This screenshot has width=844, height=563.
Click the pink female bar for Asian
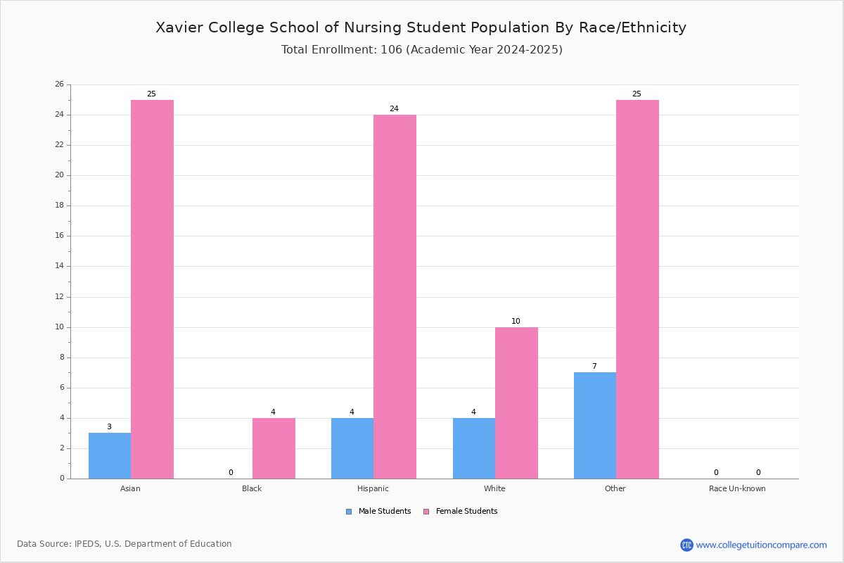pyautogui.click(x=152, y=289)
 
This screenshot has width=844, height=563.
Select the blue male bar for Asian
pyautogui.click(x=110, y=456)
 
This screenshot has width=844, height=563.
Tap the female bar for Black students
pyautogui.click(x=274, y=448)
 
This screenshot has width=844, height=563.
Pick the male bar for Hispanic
pyautogui.click(x=352, y=448)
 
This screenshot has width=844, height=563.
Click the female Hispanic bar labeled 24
pyautogui.click(x=395, y=297)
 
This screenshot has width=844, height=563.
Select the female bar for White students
pyautogui.click(x=516, y=403)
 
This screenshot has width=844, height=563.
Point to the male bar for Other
pyautogui.click(x=595, y=426)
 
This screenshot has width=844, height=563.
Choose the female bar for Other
pyautogui.click(x=637, y=289)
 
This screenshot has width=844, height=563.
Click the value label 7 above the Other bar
pyautogui.click(x=594, y=366)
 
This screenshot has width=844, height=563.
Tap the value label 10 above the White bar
pyautogui.click(x=516, y=321)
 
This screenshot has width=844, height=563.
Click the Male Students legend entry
pyautogui.click(x=378, y=512)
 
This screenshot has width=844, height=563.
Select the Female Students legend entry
pyautogui.click(x=461, y=512)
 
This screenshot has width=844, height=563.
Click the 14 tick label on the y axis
pyautogui.click(x=60, y=266)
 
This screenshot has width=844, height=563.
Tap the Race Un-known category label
pyautogui.click(x=737, y=488)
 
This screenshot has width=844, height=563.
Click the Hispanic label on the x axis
pyautogui.click(x=373, y=488)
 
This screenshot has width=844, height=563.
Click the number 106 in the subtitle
pyautogui.click(x=392, y=50)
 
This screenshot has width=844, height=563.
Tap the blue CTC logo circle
pyautogui.click(x=686, y=545)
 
